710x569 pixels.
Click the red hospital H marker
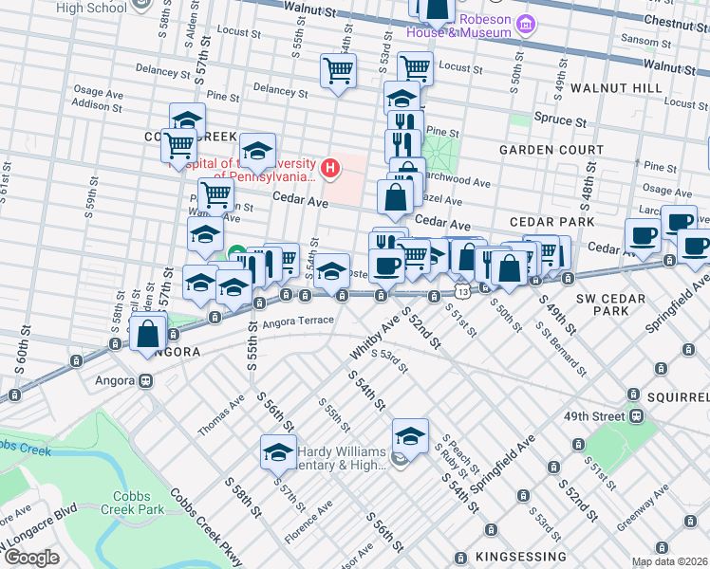[329, 170]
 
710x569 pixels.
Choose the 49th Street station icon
[636, 416]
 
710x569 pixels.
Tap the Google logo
[31, 558]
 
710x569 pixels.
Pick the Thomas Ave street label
[219, 416]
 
